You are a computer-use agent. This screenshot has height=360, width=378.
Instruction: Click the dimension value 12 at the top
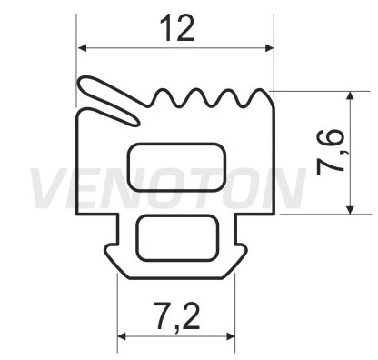[x=176, y=29]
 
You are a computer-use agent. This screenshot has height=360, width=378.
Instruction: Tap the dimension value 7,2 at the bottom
[x=177, y=316]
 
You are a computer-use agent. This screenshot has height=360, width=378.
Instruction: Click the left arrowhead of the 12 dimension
[x=83, y=48]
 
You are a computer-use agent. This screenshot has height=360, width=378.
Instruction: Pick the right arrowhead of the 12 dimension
[x=269, y=48]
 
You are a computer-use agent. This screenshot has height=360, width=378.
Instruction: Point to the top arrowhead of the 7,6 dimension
[x=350, y=96]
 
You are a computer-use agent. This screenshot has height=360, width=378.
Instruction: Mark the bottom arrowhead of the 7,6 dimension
[x=350, y=209]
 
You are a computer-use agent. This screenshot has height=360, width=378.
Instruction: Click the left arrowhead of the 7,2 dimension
[x=122, y=336]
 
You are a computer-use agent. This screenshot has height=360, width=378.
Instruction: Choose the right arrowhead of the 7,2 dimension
[x=230, y=336]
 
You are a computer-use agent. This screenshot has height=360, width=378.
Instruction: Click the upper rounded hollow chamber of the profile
[x=176, y=167]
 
